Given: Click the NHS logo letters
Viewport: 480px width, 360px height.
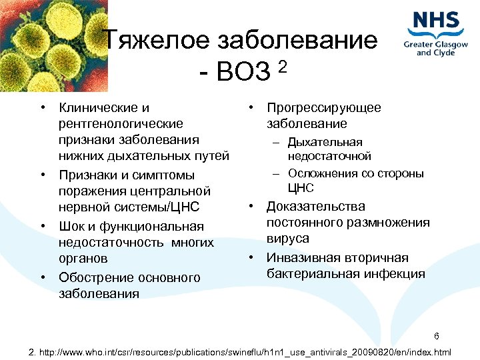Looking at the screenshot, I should coord(437,21).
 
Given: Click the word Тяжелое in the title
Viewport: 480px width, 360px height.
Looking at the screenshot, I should coord(157,41).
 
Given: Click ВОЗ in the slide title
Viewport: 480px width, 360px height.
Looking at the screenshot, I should coord(241,72).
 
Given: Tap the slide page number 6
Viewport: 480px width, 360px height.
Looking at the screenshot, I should coord(436,335).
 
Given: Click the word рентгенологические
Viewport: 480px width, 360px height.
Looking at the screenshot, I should coord(121,123).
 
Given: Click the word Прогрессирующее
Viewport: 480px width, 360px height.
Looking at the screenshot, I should coord(324,107).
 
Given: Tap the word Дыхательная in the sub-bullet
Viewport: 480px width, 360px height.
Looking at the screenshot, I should coord(325,142).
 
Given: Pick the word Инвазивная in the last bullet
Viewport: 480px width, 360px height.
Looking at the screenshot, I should coord(300,257).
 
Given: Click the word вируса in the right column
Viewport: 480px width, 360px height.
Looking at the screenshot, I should coord(288,238).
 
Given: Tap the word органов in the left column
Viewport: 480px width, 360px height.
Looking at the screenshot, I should coord(83,258).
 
